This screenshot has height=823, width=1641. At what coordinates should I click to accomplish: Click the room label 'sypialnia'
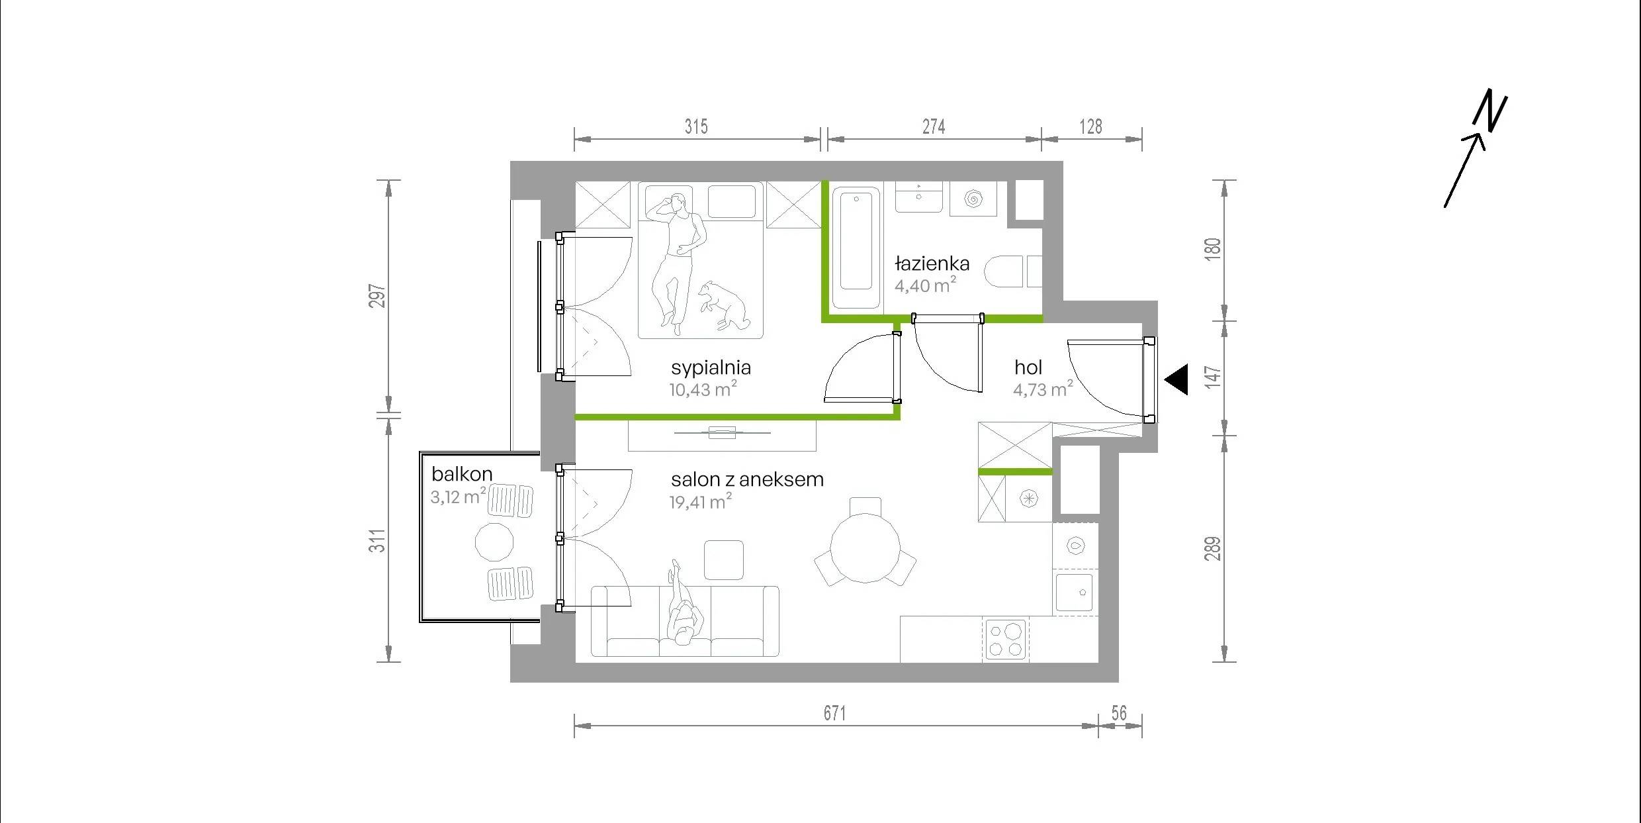pos(711,368)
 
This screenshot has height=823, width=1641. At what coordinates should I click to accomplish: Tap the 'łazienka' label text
pos(932,264)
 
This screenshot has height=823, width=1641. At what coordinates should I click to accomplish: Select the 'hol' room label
pos(1028,367)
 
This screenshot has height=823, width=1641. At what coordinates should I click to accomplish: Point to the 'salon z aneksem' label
pos(747,479)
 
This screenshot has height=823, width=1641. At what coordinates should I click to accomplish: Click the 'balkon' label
pos(462,474)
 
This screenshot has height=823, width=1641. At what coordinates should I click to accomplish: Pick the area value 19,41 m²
pos(701,501)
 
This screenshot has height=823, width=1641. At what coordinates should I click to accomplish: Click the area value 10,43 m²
pos(703,389)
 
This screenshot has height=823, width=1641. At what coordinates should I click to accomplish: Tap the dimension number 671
pos(834,713)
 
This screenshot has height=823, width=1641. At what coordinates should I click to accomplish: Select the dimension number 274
pos(934,126)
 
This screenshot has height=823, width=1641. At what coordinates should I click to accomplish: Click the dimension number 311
pos(377,540)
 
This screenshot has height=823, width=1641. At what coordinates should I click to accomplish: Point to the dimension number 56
pos(1119,713)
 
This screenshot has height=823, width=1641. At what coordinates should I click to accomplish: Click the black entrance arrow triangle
pos(1176,380)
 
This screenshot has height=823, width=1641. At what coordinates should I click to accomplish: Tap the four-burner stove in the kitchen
pos(1005,640)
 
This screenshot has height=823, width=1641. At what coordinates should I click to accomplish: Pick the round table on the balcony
pos(494,542)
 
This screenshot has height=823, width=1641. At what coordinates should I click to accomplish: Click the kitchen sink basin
pos(1075,592)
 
